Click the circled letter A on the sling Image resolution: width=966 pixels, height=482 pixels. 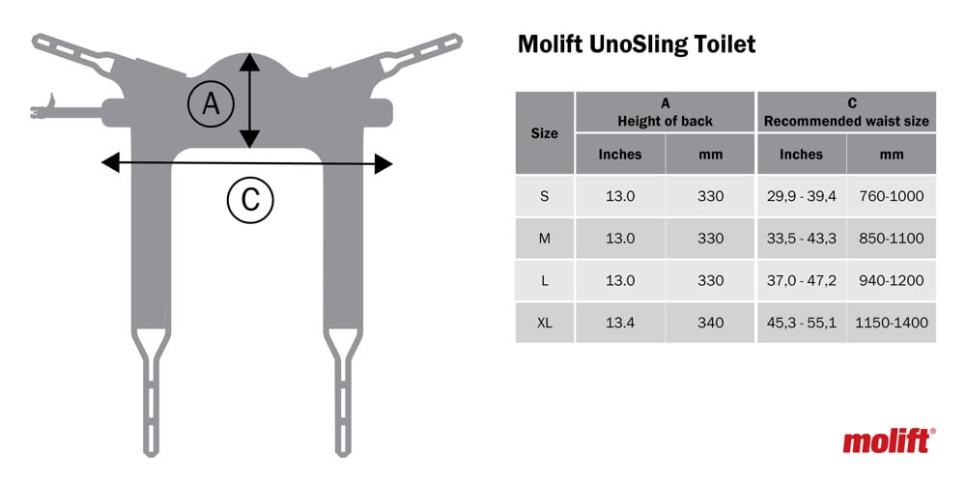(211, 104)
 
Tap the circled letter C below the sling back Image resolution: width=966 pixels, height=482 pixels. (249, 200)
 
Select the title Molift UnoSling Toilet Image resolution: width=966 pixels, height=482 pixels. (636, 44)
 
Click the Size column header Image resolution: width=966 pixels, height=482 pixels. (544, 133)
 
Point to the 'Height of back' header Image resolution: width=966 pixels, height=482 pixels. (665, 122)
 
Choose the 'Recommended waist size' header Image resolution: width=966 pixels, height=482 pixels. (846, 122)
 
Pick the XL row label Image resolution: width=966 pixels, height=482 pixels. (544, 323)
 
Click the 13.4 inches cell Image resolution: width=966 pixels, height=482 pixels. (620, 323)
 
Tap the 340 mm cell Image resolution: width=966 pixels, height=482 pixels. (710, 323)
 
